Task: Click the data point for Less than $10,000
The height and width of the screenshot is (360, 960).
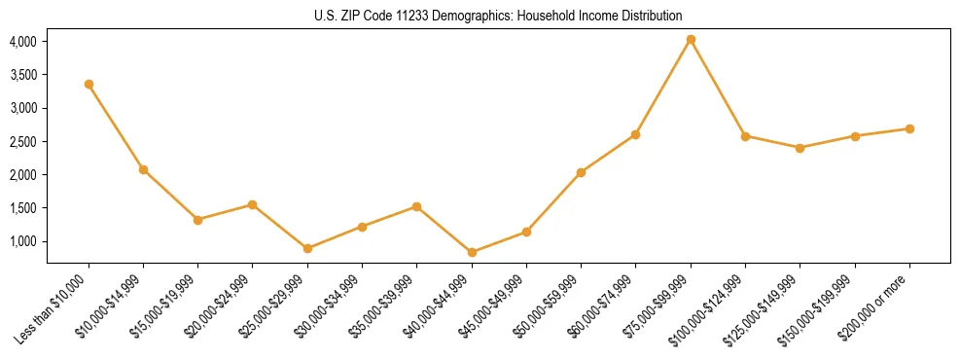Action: pos(89,85)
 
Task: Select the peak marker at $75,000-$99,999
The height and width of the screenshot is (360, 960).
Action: pos(691,40)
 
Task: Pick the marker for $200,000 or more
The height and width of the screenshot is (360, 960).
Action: pos(909,128)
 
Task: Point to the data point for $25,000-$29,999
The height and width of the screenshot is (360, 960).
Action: pos(307,248)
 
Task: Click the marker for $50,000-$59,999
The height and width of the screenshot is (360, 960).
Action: pos(581,172)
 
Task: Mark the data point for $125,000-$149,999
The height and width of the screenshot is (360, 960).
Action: pos(800,148)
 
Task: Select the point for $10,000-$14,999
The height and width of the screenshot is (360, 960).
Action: pos(143,169)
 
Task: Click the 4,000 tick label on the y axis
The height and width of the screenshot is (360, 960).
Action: pos(22,42)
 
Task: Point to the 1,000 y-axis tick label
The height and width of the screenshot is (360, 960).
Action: pos(22,241)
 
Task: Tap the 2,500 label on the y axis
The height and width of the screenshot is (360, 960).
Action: pos(22,142)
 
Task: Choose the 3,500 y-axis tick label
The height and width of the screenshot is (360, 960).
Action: pos(22,75)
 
